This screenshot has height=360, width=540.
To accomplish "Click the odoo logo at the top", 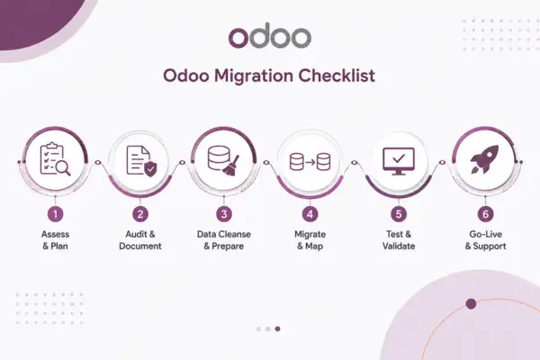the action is tap(270, 37).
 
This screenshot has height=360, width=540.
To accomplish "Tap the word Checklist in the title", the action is tap(337, 76).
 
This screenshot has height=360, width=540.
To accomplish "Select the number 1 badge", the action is tap(56, 214).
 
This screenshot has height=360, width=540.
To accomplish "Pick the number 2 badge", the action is tap(140, 214).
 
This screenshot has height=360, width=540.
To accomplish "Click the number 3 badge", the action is tap(224, 214).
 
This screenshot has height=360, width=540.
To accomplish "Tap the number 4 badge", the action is tap(310, 214).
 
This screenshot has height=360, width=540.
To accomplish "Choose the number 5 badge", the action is tap(399, 214).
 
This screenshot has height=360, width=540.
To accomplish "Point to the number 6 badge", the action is tap(486, 214).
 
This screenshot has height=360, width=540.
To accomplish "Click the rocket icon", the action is tap(484, 159).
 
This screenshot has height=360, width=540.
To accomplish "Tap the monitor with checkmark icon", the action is tap(399, 161).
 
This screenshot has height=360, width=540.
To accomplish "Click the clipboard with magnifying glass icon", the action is tap(55, 158).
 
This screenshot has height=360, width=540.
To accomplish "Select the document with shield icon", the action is tap(141, 161).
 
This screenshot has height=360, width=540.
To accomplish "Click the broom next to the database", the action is tap(230, 166).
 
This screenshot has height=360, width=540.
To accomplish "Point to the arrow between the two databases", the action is tap(310, 162).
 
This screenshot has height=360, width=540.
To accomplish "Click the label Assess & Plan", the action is tap(55, 240).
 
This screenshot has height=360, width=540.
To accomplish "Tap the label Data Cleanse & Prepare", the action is tap(224, 240).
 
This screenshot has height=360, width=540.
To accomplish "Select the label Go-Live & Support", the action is tap(486, 240).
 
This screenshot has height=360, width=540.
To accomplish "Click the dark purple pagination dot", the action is tap(277, 329).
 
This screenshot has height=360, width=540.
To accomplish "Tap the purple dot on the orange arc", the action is tap(471, 304).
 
